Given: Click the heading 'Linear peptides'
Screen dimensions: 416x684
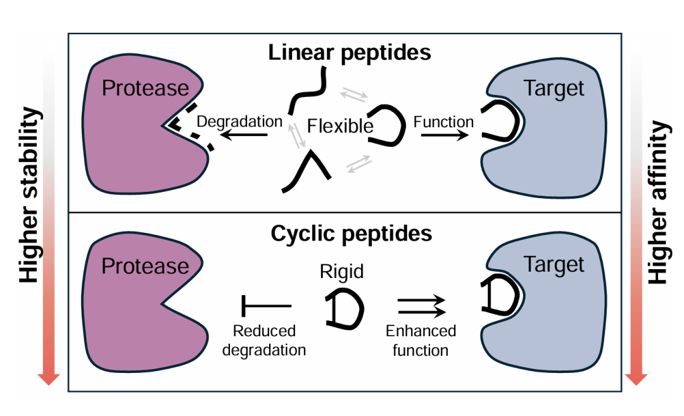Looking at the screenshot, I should [350, 52].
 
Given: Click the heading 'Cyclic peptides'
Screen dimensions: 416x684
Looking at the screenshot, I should [351, 234].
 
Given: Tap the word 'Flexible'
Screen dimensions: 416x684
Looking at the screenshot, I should [340, 126].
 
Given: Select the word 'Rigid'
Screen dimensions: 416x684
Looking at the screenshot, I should [342, 272].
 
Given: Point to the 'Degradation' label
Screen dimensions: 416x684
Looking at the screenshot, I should [239, 121].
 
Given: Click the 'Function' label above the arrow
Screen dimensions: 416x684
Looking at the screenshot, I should [443, 121].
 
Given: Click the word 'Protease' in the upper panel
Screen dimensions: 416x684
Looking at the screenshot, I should [145, 88].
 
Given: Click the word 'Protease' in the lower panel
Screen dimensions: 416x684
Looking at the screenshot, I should [145, 266].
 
